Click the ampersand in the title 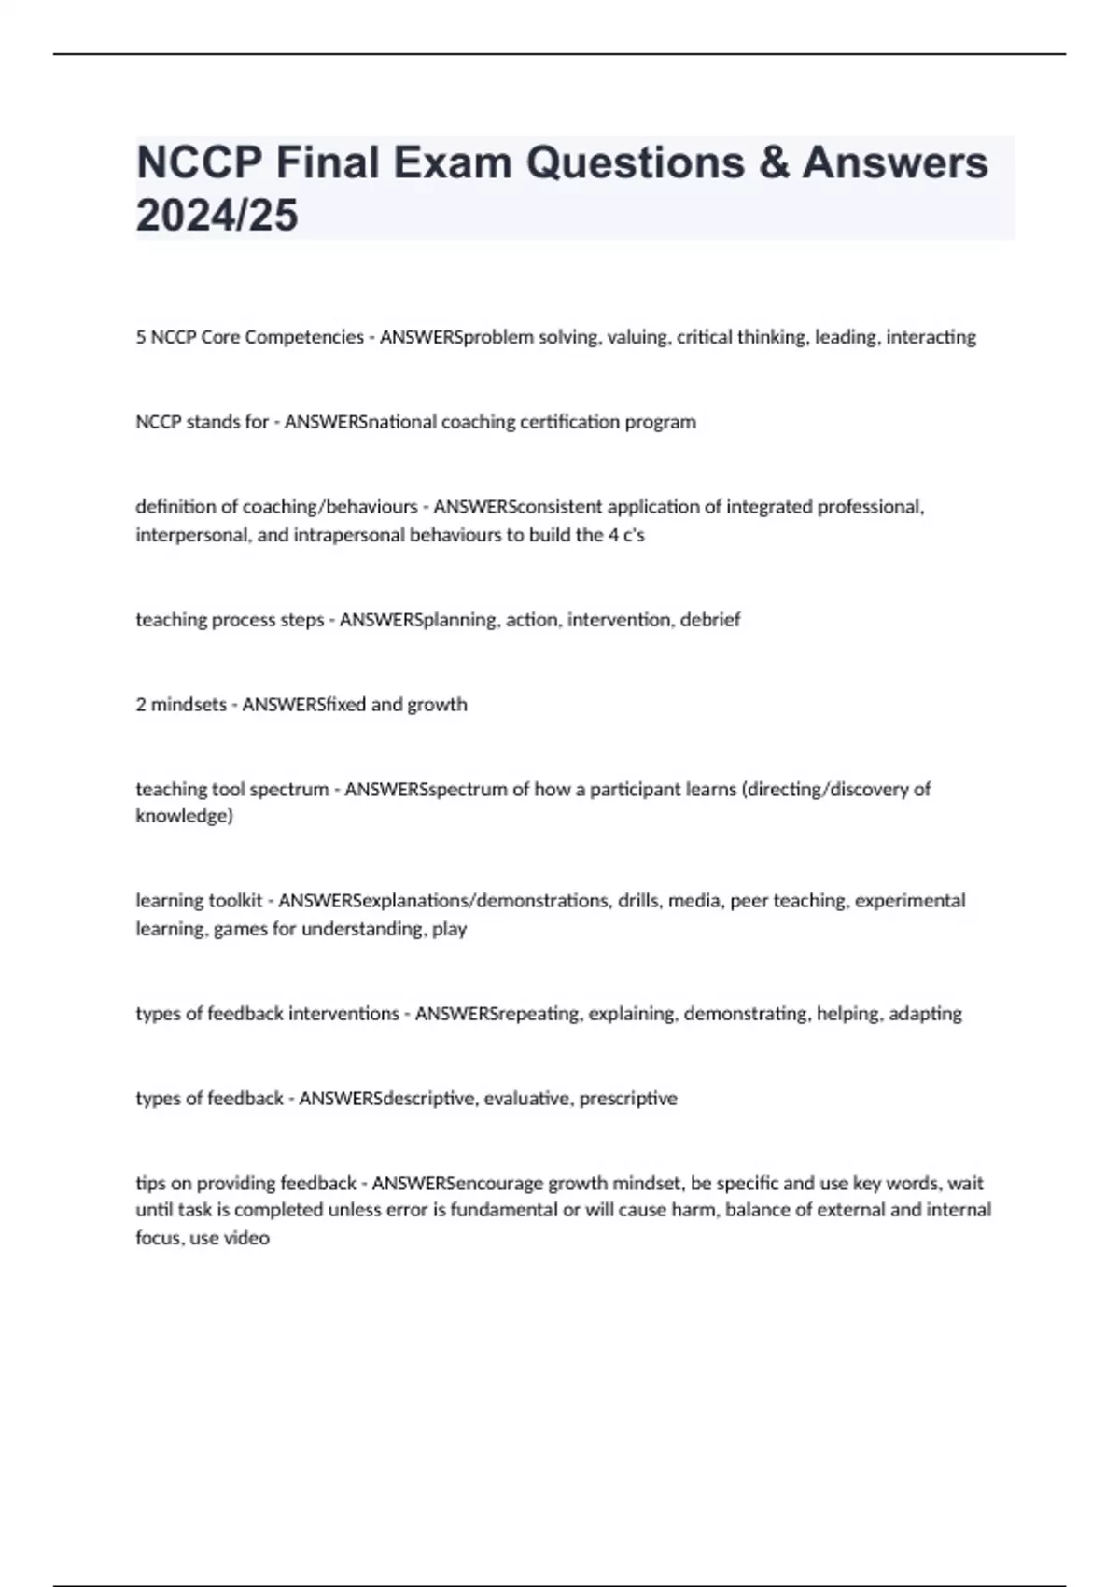click(x=774, y=162)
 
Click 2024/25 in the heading click(x=217, y=215)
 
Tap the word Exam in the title click(x=452, y=162)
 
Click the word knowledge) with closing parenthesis click(x=184, y=816)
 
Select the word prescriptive click(x=628, y=1099)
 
